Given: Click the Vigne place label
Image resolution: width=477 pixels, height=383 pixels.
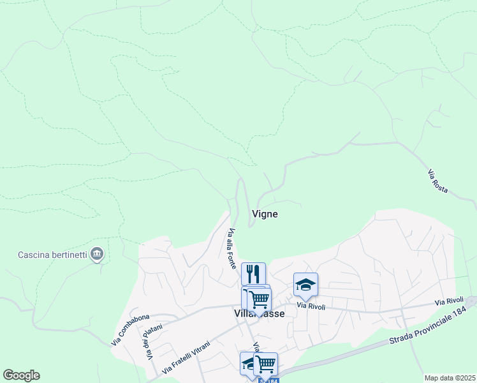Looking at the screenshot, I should click(265, 214).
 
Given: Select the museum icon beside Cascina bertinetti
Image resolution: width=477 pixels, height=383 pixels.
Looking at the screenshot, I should click(97, 254).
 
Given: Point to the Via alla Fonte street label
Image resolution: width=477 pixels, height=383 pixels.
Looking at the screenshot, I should click(232, 248).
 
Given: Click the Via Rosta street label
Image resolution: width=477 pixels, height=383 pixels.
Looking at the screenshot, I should click(438, 181).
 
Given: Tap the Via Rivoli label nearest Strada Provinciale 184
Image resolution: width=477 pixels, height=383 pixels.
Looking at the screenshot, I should click(449, 301).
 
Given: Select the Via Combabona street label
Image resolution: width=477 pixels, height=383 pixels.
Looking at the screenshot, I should click(130, 329).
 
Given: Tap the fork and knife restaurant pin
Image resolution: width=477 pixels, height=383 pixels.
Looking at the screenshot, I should click(253, 274).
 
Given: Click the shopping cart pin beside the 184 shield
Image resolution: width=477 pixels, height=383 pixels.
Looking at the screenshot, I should click(265, 363).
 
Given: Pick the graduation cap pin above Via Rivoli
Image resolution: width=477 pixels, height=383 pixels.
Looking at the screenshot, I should click(305, 284).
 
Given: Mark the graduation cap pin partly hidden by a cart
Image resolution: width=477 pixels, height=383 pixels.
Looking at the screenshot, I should click(247, 363).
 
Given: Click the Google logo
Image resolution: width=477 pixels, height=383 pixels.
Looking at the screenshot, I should click(21, 375).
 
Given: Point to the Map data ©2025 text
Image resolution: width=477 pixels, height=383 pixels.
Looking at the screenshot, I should click(450, 378).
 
